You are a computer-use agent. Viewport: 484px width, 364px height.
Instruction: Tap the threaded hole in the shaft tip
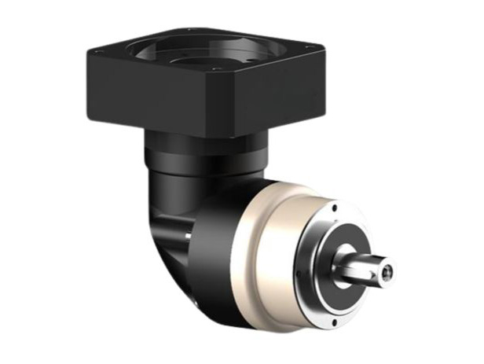(x=387, y=274)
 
